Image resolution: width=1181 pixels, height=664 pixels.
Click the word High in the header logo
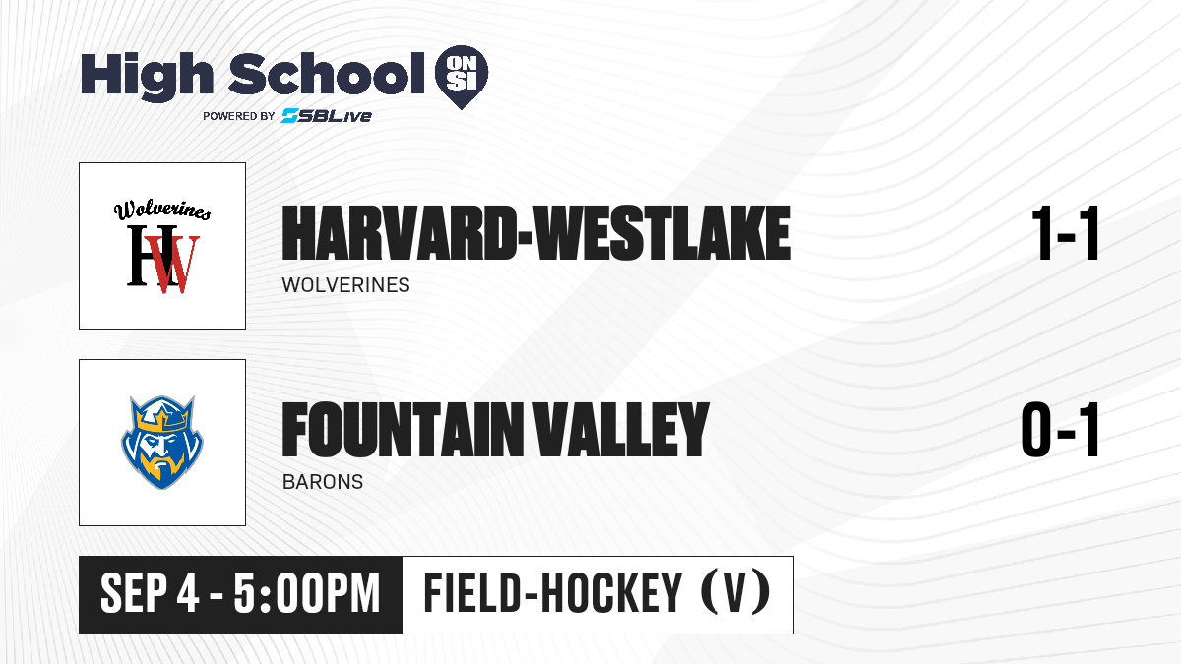click(x=147, y=77)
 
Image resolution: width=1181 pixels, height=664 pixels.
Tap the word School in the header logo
click(x=327, y=74)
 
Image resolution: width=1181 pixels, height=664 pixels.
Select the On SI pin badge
click(x=462, y=77)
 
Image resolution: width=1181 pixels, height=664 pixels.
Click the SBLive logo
click(x=327, y=116)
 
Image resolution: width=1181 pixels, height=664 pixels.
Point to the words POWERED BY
click(x=239, y=116)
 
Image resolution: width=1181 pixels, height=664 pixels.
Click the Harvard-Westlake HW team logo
click(x=163, y=246)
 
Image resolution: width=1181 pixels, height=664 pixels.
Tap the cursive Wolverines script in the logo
click(x=162, y=211)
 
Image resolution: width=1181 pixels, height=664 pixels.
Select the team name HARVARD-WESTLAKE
click(x=536, y=233)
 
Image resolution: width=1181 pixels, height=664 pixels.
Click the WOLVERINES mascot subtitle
click(x=345, y=285)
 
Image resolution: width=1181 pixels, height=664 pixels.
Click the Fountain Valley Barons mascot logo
click(x=162, y=443)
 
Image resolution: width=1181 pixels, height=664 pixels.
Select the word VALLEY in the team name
click(x=621, y=430)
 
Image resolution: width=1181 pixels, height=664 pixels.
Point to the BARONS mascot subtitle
click(x=323, y=482)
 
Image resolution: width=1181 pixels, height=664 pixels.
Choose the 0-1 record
click(x=1060, y=430)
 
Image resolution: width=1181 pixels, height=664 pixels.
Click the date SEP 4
click(x=150, y=594)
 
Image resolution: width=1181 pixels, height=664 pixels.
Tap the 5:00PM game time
click(x=307, y=594)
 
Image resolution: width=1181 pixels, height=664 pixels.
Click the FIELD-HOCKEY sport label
click(x=553, y=593)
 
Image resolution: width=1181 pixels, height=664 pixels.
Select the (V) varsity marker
click(x=735, y=593)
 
